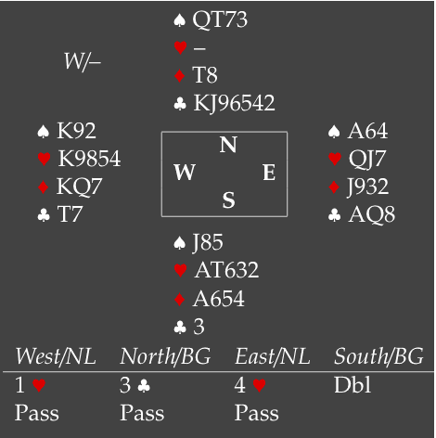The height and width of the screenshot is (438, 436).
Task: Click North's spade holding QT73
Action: tap(220, 19)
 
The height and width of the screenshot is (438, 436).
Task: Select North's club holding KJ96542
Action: tap(234, 104)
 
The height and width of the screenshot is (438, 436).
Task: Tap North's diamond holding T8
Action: tap(205, 75)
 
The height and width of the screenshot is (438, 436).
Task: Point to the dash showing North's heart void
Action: tap(199, 48)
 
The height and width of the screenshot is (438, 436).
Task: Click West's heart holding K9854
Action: tap(89, 159)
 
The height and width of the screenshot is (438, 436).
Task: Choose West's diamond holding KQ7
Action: tap(79, 187)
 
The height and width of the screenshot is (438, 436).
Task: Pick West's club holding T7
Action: tap(70, 214)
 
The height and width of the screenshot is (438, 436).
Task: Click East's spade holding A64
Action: tap(367, 131)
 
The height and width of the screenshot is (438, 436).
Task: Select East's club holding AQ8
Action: tap(372, 214)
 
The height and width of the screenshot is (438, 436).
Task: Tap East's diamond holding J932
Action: tap(368, 187)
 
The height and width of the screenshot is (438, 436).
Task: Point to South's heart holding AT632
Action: tap(226, 270)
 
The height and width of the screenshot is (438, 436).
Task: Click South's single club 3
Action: tap(199, 327)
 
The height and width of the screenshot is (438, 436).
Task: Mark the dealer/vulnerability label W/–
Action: tap(83, 61)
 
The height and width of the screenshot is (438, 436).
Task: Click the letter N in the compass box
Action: tap(228, 145)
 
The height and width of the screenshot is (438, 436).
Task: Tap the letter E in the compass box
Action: tap(269, 173)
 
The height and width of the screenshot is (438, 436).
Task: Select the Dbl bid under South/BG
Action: tap(353, 385)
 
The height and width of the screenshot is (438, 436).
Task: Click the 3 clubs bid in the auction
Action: tap(135, 385)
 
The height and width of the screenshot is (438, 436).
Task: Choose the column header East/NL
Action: tap(273, 356)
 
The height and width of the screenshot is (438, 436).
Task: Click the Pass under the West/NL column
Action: tap(37, 413)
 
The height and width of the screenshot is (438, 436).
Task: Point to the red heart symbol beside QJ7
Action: tap(335, 159)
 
